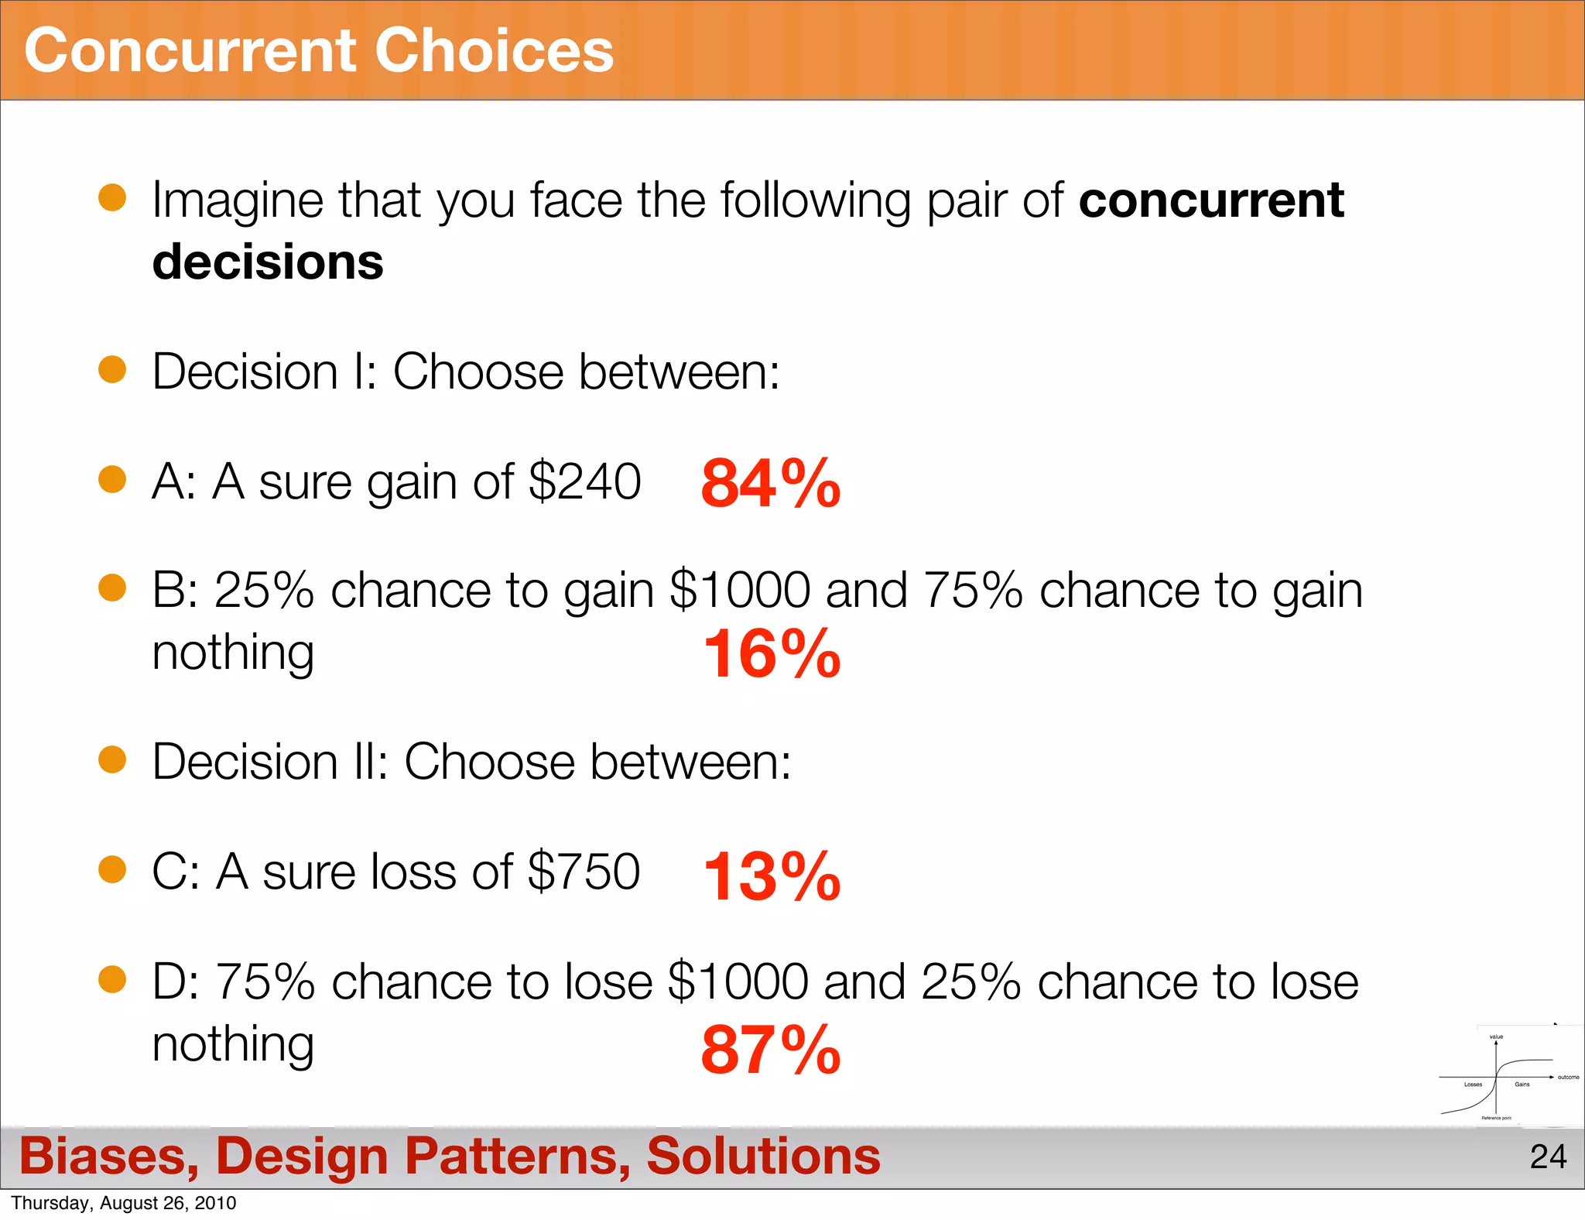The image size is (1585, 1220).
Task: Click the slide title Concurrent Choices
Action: point(319,51)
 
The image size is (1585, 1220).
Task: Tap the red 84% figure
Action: point(770,484)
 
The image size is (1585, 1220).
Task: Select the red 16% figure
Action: point(772,654)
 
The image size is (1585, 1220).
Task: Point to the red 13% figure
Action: point(772,876)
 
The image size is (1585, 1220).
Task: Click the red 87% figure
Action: point(770,1050)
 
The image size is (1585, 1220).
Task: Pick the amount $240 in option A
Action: point(585,481)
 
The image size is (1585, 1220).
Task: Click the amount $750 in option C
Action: point(584,872)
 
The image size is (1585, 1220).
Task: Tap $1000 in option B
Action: point(740,591)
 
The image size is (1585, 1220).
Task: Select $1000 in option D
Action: point(738,982)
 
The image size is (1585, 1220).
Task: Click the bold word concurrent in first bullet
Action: point(1211,200)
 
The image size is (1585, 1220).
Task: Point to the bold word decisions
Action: point(268,262)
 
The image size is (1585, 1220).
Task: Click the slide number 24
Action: point(1548,1157)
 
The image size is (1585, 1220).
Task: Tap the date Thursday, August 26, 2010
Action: point(124,1203)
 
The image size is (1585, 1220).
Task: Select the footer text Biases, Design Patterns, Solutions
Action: point(450,1156)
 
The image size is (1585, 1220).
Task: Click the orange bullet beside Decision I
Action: point(112,369)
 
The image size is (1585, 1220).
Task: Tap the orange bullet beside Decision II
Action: point(112,759)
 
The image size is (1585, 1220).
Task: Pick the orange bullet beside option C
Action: point(112,869)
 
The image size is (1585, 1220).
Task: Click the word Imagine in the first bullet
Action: point(237,200)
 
